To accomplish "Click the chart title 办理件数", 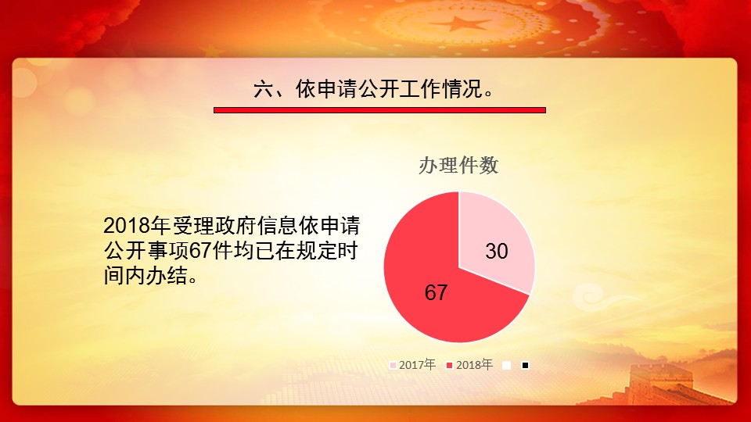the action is point(458,166).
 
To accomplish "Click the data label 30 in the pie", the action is point(496,251).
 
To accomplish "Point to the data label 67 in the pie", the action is point(436,292).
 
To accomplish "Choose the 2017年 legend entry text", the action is point(417,365).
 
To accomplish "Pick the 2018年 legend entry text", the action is point(474,365).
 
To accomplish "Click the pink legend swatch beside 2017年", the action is point(393,366).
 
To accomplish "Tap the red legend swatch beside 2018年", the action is point(449,366).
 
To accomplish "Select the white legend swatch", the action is point(506,366).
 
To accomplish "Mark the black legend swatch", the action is point(526,366).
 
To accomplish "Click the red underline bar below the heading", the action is point(379,110).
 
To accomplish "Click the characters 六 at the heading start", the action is point(264,89).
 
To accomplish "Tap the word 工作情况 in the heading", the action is point(441,89).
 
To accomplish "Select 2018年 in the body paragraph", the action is point(137,226).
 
